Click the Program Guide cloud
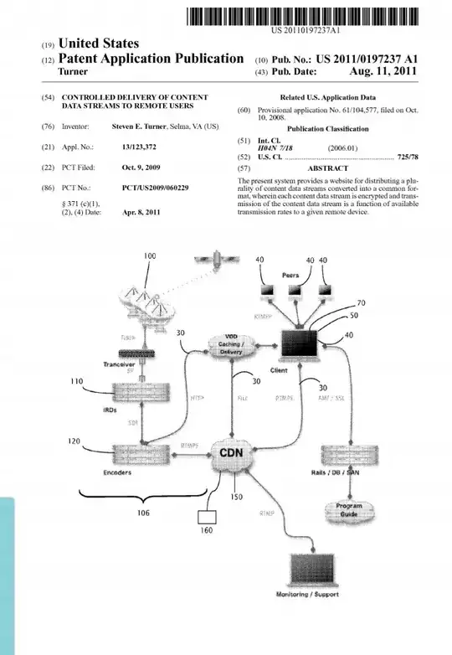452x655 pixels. click(x=349, y=510)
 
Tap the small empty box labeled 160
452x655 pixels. click(x=206, y=521)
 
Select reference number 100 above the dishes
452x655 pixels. click(x=150, y=255)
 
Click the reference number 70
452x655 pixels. click(x=361, y=303)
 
